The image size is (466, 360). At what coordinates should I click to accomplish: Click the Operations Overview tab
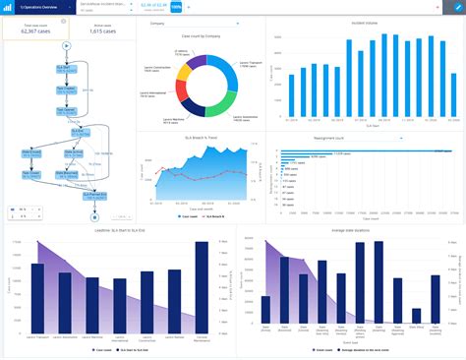[34, 6]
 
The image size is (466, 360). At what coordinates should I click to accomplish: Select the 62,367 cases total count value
[36, 31]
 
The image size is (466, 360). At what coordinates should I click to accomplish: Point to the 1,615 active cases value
[103, 31]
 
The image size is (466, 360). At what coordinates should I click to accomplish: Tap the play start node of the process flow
[66, 45]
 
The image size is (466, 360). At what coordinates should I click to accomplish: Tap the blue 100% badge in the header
[176, 7]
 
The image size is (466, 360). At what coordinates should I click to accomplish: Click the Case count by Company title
[200, 35]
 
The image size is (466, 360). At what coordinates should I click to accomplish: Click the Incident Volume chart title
[363, 22]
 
